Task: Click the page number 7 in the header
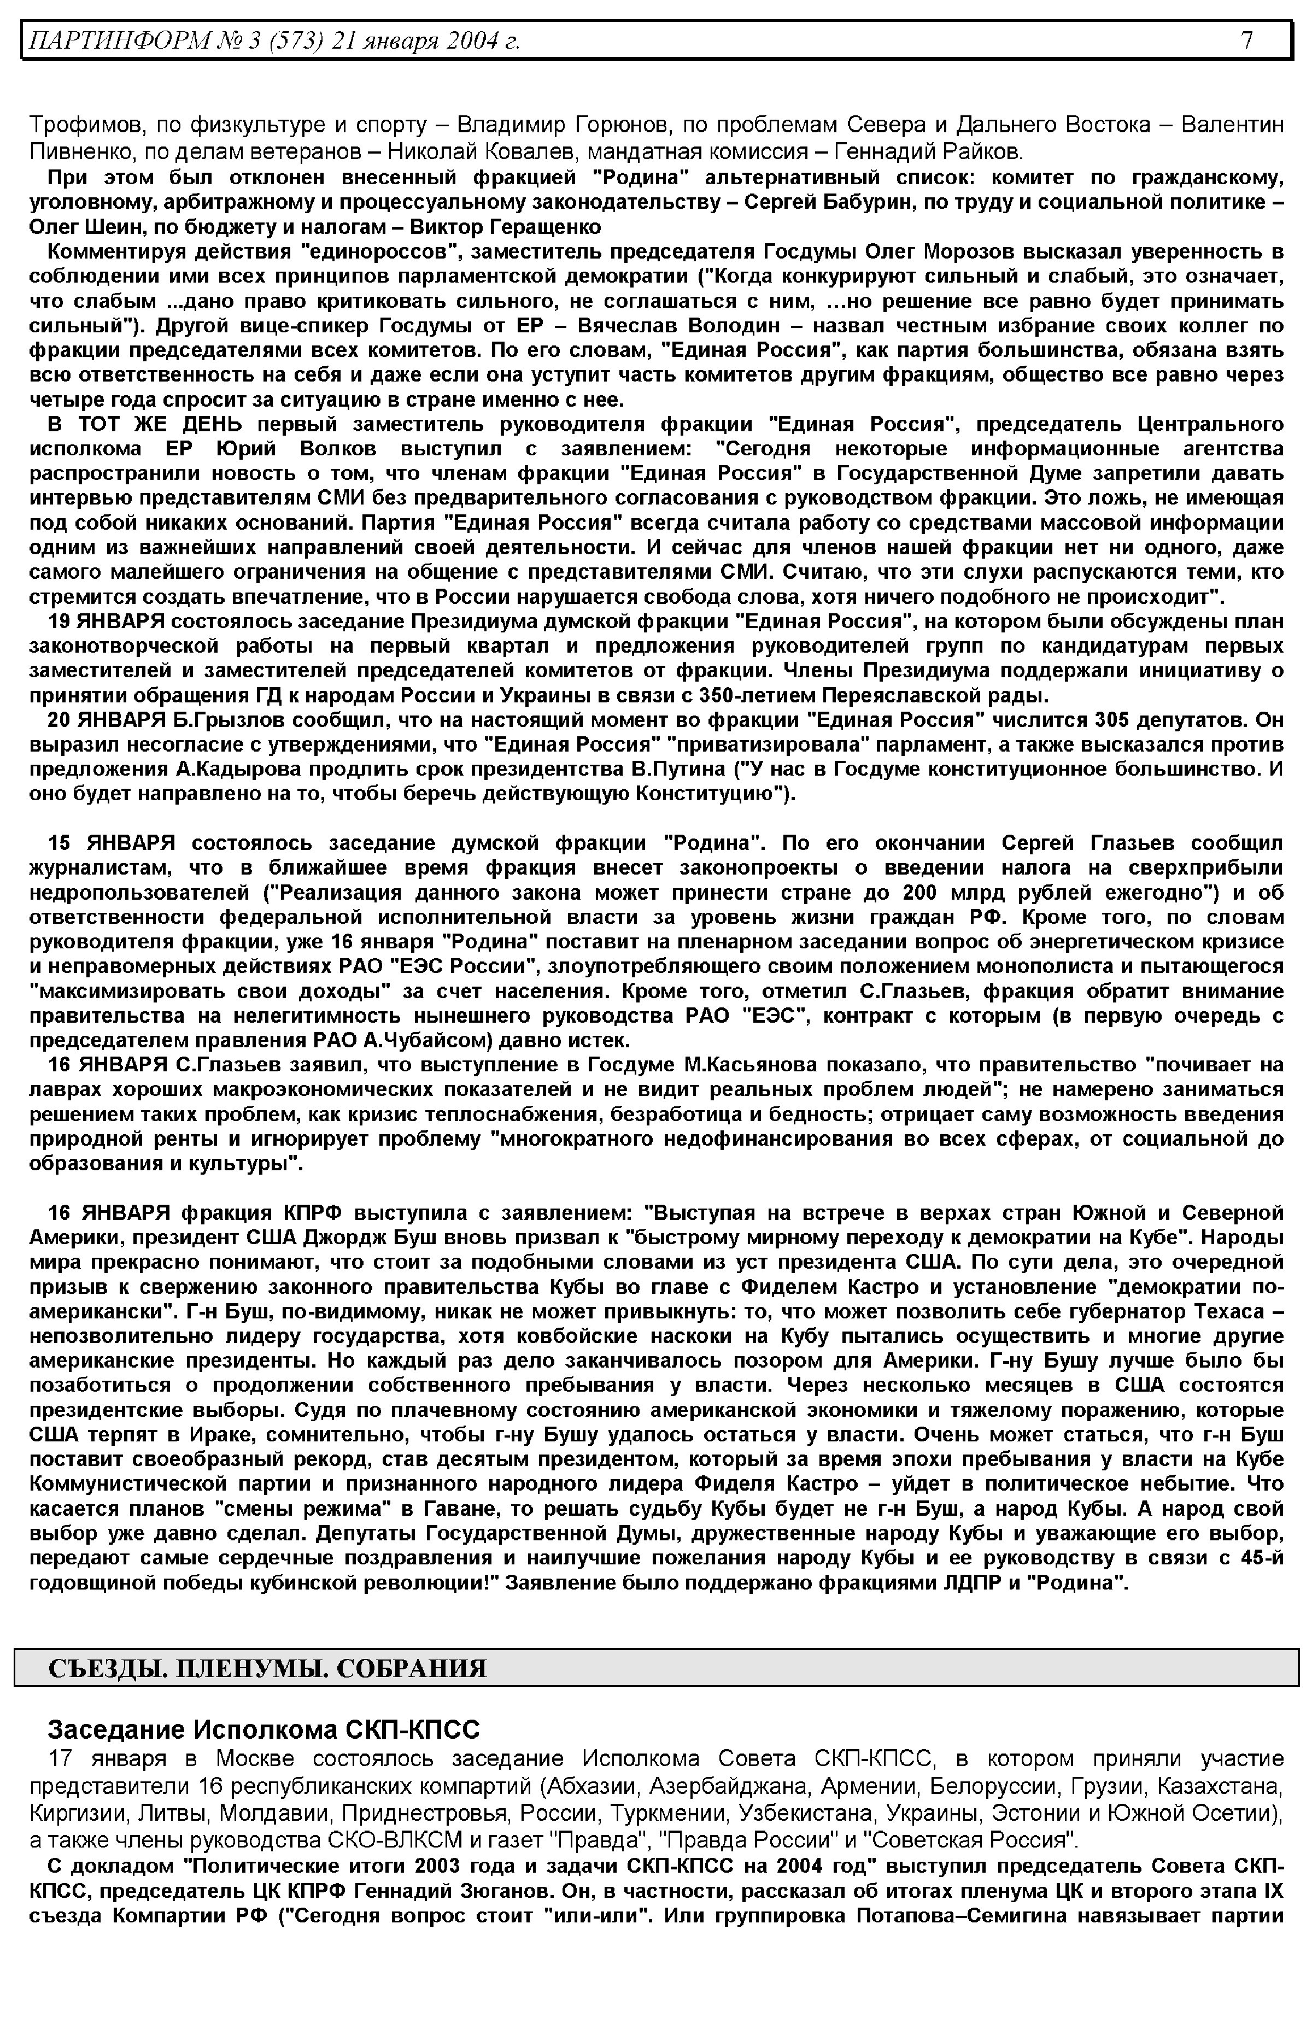click(1246, 40)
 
